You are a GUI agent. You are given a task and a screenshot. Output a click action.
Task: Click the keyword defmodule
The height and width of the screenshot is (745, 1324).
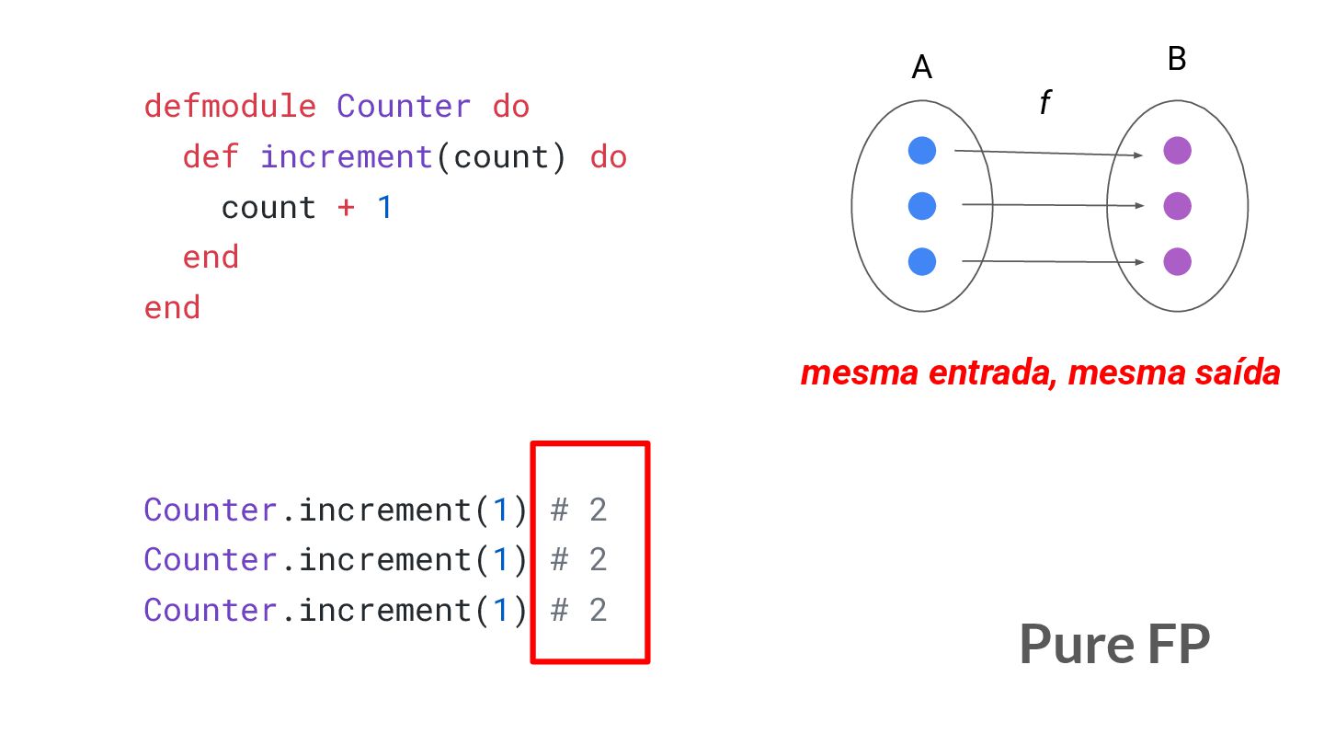[x=229, y=107]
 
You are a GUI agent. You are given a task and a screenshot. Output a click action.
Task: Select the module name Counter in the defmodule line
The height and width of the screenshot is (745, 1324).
[x=404, y=107]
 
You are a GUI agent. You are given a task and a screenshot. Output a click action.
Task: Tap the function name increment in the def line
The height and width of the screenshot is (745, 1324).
[x=346, y=157]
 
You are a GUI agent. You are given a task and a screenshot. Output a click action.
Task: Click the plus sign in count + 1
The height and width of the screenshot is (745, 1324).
[x=346, y=208]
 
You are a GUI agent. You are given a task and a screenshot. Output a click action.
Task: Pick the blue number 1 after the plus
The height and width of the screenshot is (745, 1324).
[x=384, y=208]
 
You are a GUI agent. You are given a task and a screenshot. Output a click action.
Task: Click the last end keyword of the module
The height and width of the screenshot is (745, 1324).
[x=172, y=307]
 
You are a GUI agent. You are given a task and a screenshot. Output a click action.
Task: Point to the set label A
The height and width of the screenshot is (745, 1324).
[x=921, y=67]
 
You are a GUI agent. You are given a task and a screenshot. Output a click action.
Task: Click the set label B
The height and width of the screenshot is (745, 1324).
[x=1177, y=60]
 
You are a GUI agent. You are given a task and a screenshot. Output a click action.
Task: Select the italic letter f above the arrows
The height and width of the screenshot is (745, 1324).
[x=1044, y=104]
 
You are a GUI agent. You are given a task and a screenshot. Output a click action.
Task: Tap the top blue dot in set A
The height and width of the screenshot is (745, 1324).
[x=921, y=151]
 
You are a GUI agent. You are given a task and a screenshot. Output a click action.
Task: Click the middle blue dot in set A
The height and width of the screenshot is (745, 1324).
[x=921, y=206]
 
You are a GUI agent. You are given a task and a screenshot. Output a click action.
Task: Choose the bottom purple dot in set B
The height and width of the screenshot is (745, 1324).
[x=1177, y=262]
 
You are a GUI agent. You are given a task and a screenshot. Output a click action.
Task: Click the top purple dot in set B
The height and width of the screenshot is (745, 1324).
[x=1177, y=151]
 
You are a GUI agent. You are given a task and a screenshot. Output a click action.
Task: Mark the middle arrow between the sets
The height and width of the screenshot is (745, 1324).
[x=1052, y=206]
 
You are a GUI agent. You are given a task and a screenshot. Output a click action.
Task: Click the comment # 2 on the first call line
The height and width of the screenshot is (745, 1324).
[x=578, y=510]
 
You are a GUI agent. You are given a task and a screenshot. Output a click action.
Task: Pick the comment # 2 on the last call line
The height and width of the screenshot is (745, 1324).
[x=578, y=610]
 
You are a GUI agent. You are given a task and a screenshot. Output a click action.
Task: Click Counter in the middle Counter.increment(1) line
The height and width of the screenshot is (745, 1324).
[x=211, y=559]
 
